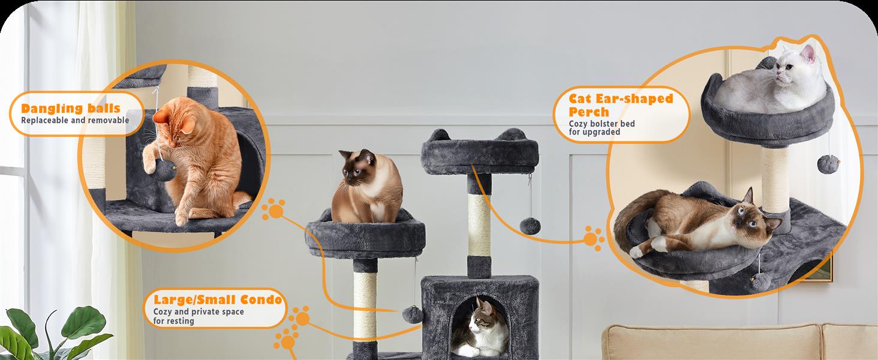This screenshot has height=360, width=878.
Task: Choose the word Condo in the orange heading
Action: point(261,299)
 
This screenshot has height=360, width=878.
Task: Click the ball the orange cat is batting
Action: point(164,170)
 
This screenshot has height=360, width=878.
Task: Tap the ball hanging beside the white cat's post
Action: point(828,163)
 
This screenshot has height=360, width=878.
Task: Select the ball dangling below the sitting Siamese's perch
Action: point(413,315)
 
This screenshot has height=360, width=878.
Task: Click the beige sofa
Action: point(739,341)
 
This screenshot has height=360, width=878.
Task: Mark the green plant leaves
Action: point(55,334)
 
